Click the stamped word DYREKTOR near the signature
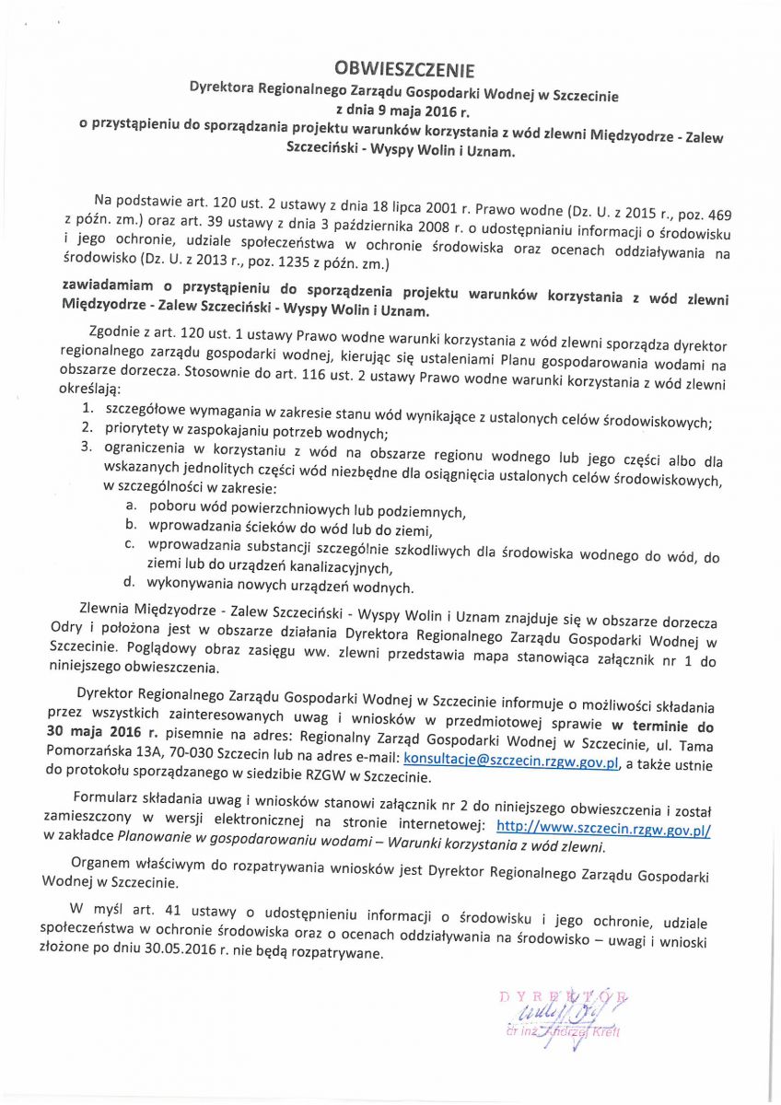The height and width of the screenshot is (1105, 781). click(562, 995)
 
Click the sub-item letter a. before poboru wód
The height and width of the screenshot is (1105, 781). click(131, 507)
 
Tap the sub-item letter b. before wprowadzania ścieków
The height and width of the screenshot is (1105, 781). click(131, 525)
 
